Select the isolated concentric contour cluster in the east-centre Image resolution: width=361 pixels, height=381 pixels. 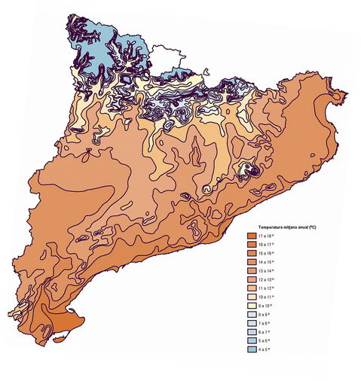[248, 170]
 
